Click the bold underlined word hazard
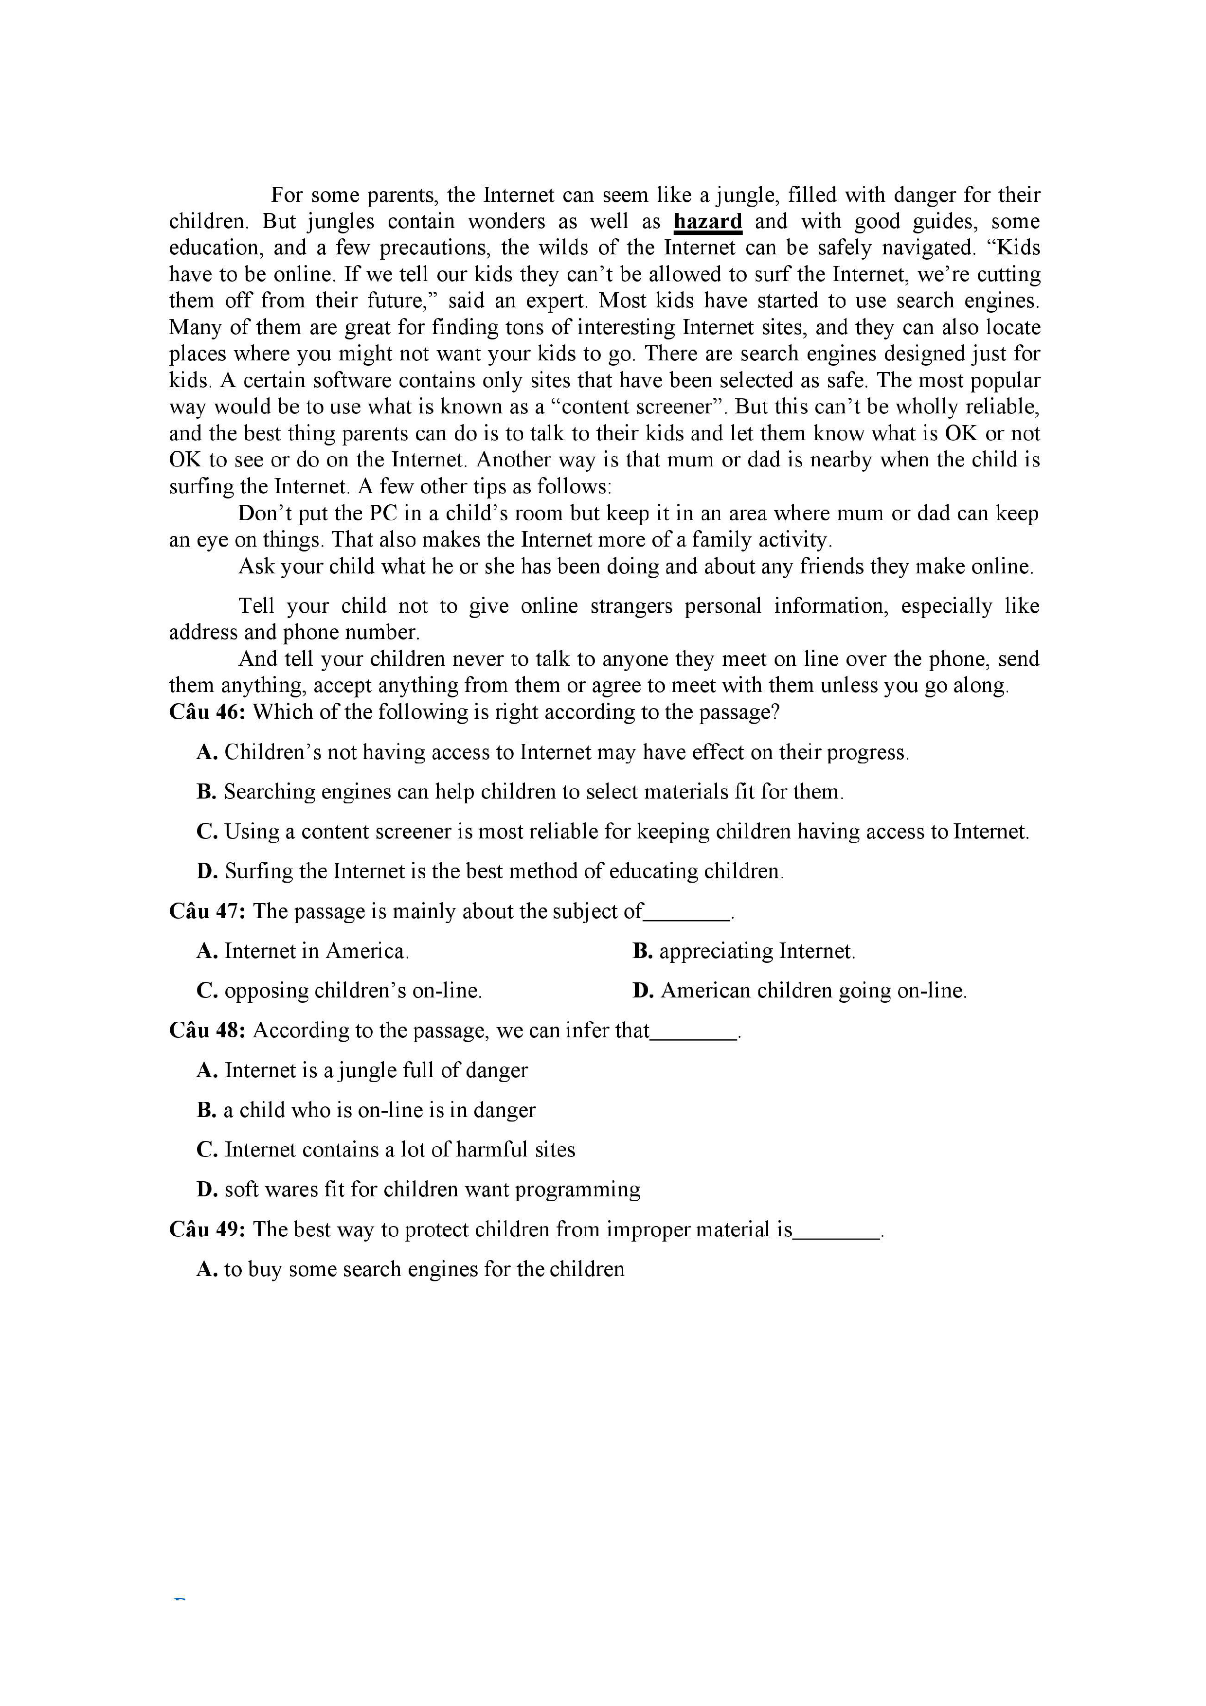click(707, 221)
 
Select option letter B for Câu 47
click(642, 951)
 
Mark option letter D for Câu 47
click(642, 991)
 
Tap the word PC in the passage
click(383, 514)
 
